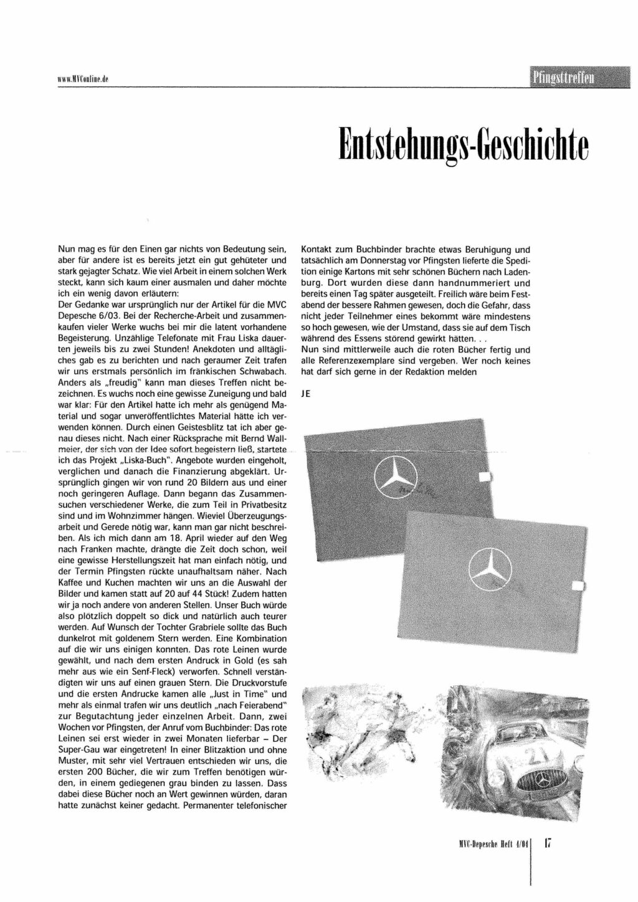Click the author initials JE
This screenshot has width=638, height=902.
pos(305,395)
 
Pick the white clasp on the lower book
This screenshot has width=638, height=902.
pos(576,585)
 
